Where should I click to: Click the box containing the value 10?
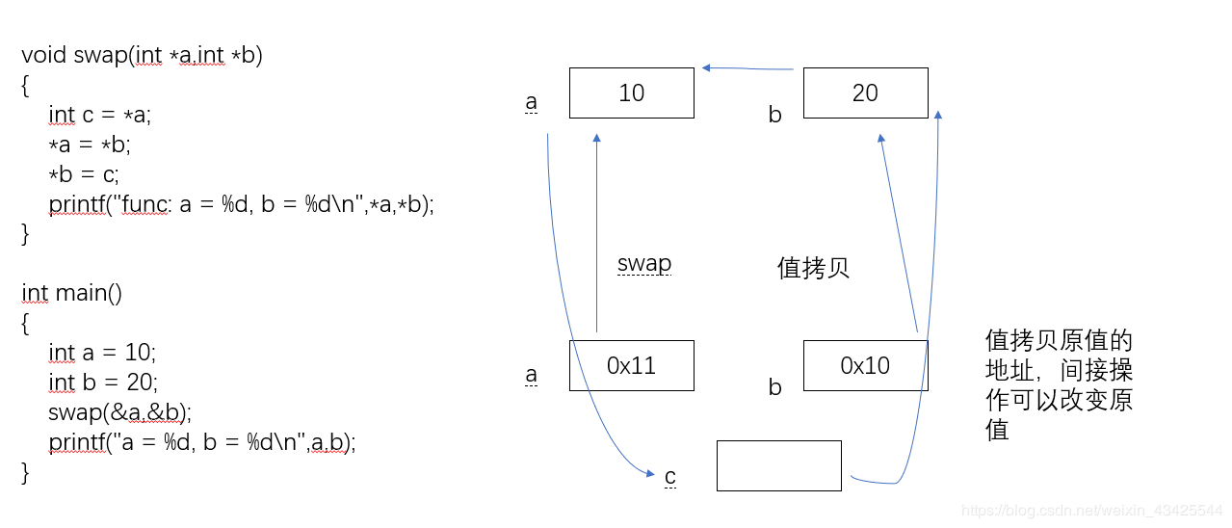pos(631,92)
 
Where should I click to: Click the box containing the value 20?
pos(865,92)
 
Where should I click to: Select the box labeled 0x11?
pos(631,365)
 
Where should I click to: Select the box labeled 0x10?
pos(865,365)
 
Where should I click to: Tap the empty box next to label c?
pos(778,465)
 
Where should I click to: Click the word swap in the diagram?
pos(644,264)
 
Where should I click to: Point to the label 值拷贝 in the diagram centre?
pos(813,268)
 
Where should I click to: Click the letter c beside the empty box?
pos(670,476)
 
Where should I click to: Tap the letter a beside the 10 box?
pos(531,102)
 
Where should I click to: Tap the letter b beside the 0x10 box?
pos(774,387)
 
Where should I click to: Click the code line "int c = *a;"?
pos(100,115)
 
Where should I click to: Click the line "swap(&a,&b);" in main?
pos(119,412)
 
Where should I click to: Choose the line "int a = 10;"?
pos(101,353)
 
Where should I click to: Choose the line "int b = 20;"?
pos(101,383)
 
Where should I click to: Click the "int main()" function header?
pos(71,293)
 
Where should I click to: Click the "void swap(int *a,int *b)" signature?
pos(142,55)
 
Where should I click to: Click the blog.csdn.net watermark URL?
pos(1092,509)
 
